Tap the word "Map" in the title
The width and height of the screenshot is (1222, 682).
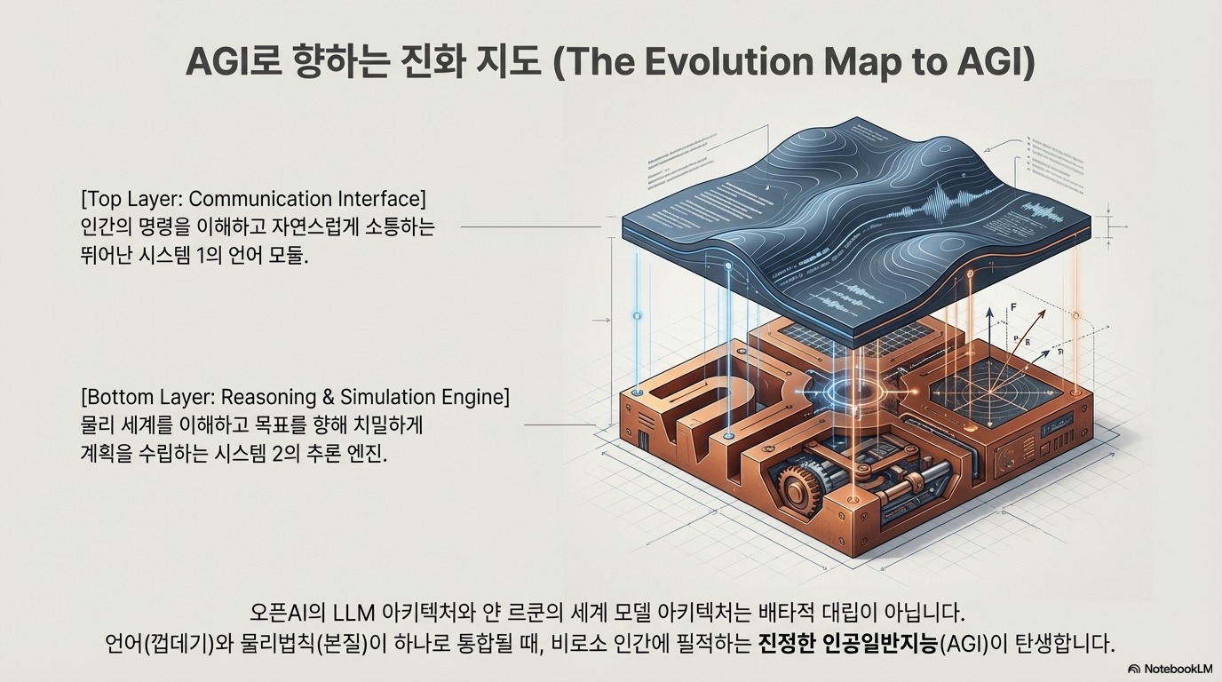tap(853, 61)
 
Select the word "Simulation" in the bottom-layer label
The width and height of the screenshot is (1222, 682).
tap(393, 396)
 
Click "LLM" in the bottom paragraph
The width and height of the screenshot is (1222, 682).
tap(353, 613)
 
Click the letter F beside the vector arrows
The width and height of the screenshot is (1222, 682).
tap(1012, 307)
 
